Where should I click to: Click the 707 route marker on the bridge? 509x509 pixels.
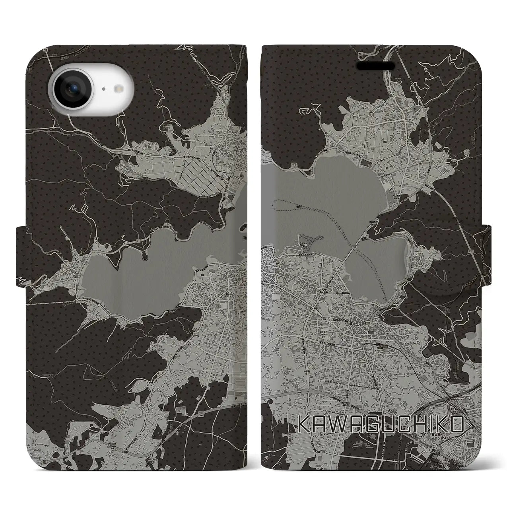[x=353, y=247]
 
